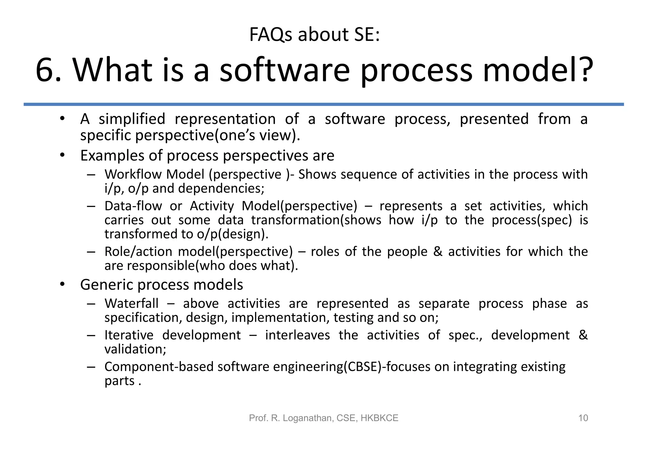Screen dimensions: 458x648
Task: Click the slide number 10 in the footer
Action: [x=583, y=418]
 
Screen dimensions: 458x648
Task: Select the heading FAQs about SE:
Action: [x=314, y=35]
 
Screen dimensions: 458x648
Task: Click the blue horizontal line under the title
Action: [x=323, y=104]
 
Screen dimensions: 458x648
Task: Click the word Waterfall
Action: [x=131, y=304]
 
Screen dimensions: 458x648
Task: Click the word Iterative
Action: [x=129, y=335]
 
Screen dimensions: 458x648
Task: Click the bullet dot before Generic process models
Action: [x=62, y=284]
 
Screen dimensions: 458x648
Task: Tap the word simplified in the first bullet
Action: [x=132, y=119]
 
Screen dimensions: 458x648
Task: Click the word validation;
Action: [x=135, y=349]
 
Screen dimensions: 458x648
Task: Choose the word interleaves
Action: [x=297, y=335]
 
